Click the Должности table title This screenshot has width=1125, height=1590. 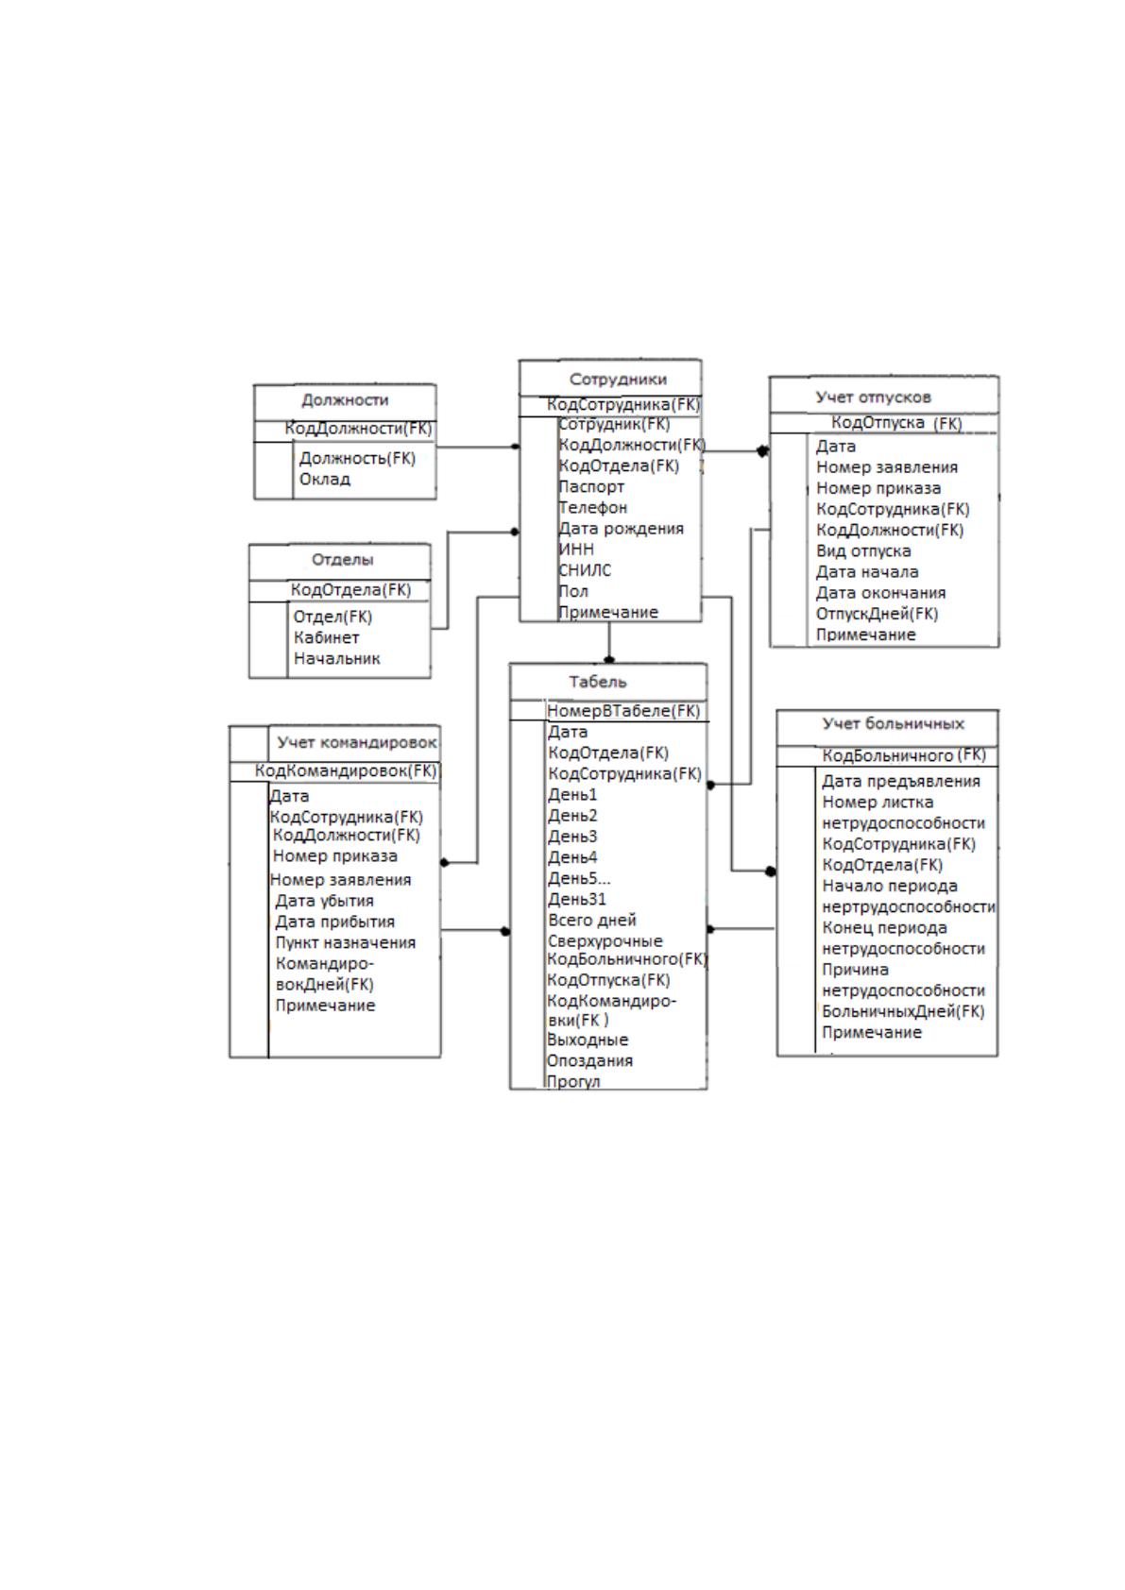(345, 400)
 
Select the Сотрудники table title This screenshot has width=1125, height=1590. (618, 379)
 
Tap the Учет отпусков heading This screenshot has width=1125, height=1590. (873, 397)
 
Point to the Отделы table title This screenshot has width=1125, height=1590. (342, 559)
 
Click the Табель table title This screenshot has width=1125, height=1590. (598, 682)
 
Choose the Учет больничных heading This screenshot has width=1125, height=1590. (894, 724)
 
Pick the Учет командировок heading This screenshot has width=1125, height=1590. (356, 742)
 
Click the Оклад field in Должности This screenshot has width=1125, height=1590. (325, 479)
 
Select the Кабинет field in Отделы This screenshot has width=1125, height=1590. (327, 637)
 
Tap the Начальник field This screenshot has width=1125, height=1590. (337, 659)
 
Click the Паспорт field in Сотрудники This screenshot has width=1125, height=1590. (591, 487)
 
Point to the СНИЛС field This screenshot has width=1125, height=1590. (585, 570)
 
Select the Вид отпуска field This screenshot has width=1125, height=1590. (863, 551)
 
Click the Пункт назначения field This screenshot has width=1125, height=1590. (346, 942)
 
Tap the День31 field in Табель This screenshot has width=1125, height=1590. (577, 900)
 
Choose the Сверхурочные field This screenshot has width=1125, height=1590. (605, 941)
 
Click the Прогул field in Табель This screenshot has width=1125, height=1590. (574, 1082)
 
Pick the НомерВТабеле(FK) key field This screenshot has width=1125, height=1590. (623, 711)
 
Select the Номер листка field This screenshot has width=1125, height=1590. (878, 803)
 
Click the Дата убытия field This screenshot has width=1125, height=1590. (325, 901)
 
